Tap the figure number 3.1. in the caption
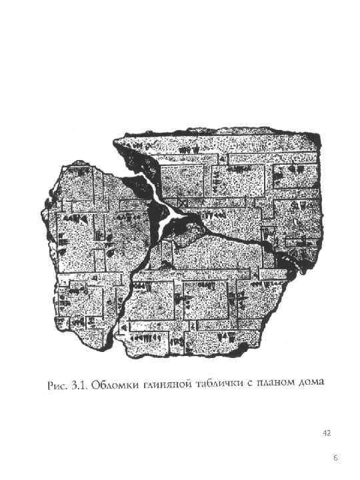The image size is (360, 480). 79,386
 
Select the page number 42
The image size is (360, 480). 326,433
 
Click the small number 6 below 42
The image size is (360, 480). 335,458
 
